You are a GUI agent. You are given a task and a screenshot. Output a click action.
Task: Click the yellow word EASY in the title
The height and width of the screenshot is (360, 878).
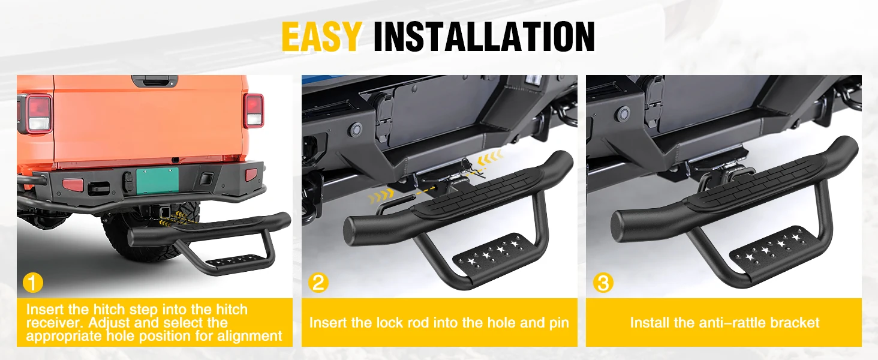(x=321, y=37)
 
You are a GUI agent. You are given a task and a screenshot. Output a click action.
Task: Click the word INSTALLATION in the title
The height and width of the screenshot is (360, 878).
(x=484, y=37)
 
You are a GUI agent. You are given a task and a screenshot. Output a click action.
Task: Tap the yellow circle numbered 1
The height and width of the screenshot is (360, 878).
(x=33, y=283)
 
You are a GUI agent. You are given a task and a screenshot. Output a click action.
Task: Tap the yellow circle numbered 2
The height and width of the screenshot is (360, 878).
(x=318, y=283)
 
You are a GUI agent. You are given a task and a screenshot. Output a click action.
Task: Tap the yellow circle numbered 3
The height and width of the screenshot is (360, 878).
(x=603, y=283)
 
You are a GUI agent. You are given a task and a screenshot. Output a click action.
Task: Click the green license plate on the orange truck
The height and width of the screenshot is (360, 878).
(x=157, y=180)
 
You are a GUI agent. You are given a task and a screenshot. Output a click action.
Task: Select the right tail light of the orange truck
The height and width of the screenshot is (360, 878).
(x=254, y=111)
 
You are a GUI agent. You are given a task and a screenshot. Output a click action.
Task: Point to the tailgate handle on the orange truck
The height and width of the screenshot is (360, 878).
(x=155, y=81)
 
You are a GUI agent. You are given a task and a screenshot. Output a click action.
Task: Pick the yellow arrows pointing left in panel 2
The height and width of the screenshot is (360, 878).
(x=490, y=158)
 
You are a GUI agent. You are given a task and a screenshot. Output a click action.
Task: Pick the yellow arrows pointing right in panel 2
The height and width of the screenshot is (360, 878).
(x=381, y=195)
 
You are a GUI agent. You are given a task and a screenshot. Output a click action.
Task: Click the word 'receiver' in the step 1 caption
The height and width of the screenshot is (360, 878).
(x=55, y=323)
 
